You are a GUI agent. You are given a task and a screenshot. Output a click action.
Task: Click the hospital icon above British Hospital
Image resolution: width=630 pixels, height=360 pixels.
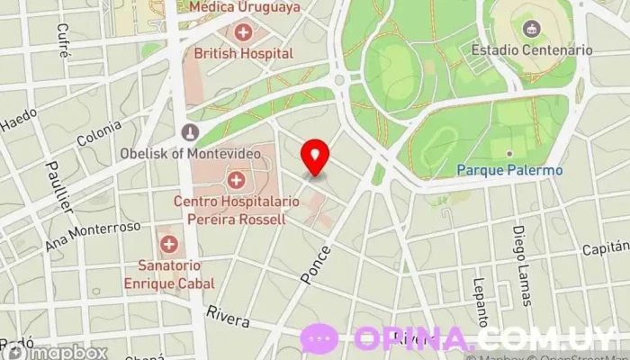pyautogui.click(x=242, y=33)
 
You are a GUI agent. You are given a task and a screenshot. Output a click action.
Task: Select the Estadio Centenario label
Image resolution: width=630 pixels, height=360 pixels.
pyautogui.click(x=532, y=50)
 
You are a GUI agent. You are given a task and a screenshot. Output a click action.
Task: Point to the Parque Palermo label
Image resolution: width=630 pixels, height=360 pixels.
pyautogui.click(x=509, y=170)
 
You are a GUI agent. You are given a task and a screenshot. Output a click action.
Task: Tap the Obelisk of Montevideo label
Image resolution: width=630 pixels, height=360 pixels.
pyautogui.click(x=191, y=153)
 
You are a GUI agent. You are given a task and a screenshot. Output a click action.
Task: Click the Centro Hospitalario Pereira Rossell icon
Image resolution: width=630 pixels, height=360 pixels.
pyautogui.click(x=236, y=179)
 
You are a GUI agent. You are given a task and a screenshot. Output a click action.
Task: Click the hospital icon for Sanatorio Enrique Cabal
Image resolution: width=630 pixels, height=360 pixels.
pyautogui.click(x=168, y=243)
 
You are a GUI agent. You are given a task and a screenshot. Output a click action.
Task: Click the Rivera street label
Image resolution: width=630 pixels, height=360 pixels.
pyautogui.click(x=227, y=317)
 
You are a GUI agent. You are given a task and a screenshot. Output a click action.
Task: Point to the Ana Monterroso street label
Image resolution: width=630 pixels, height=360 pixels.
pyautogui.click(x=93, y=237)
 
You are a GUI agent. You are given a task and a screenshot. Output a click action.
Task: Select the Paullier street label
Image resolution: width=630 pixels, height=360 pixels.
pyautogui.click(x=63, y=186)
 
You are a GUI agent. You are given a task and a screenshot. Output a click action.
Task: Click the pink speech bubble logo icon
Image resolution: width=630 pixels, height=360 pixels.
pyautogui.click(x=319, y=339)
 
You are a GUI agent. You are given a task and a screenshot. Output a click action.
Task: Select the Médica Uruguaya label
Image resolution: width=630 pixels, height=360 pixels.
pyautogui.click(x=244, y=7)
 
